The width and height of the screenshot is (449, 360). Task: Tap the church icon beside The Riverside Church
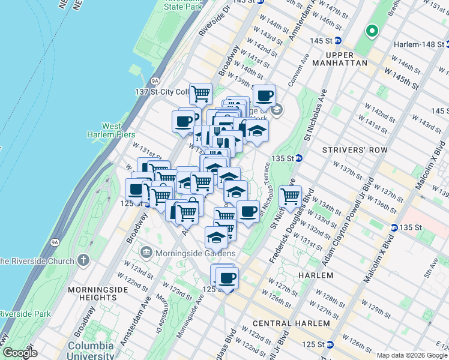83,261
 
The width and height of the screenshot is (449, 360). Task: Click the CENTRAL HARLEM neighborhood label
292,323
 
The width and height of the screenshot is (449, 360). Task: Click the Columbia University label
91,350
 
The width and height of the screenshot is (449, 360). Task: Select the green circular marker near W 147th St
372,30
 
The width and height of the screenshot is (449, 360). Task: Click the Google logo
20,353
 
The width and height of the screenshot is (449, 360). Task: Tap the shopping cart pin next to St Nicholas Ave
290,196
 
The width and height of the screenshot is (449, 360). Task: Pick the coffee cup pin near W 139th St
264,95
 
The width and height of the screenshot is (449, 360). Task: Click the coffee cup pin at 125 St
227,277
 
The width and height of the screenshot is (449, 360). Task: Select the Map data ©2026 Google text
412,355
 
